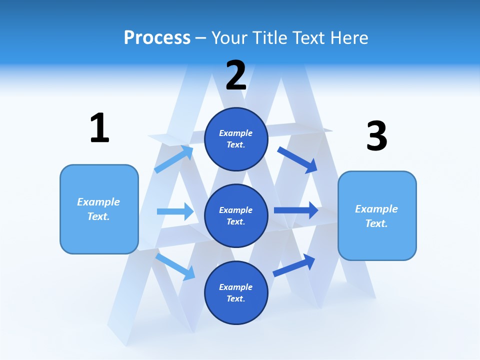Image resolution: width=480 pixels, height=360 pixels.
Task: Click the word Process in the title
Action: pos(157,38)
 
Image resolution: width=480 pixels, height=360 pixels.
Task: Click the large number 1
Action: pos(99,128)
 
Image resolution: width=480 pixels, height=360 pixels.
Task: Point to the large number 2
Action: pos(236,75)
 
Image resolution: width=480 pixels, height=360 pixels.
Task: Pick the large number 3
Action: pos(377,136)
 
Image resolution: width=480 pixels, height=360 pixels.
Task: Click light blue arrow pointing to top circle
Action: pos(173,159)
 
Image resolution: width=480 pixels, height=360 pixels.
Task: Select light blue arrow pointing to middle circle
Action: pos(175,211)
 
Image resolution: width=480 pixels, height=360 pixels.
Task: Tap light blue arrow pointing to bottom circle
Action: pos(175,266)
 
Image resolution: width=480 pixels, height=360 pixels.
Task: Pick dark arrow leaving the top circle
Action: pos(297,159)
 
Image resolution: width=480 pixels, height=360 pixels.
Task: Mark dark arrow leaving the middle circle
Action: pos(296,210)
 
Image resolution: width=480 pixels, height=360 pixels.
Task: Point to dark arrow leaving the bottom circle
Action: pos(294,265)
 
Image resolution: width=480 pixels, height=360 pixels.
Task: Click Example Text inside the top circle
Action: pos(236,138)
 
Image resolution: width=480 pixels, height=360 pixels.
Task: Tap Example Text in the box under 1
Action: pos(98,209)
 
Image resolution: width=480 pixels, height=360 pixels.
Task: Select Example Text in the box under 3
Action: pos(376,216)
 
